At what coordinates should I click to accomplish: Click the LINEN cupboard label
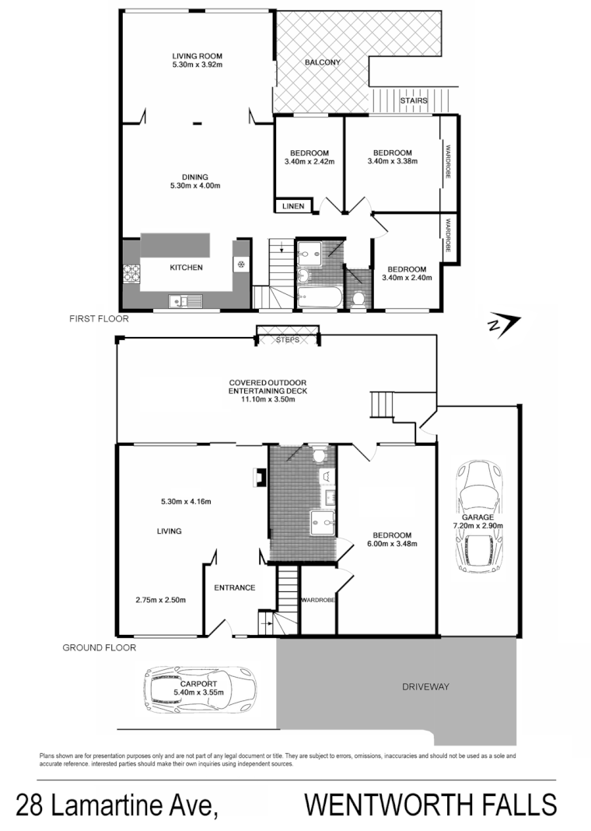pyautogui.click(x=293, y=207)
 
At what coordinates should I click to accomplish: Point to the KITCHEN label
pyautogui.click(x=187, y=268)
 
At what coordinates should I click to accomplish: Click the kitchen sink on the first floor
pyautogui.click(x=184, y=300)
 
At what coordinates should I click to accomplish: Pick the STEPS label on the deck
pyautogui.click(x=287, y=340)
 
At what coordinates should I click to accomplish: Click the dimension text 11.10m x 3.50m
pyautogui.click(x=268, y=391)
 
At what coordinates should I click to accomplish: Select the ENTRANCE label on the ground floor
pyautogui.click(x=235, y=587)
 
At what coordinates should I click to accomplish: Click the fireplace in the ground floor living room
pyautogui.click(x=255, y=478)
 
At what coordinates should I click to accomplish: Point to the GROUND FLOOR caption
pyautogui.click(x=99, y=647)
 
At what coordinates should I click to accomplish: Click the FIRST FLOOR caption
pyautogui.click(x=99, y=319)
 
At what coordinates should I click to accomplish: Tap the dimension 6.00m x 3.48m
pyautogui.click(x=391, y=544)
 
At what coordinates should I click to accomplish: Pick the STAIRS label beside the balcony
pyautogui.click(x=412, y=101)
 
